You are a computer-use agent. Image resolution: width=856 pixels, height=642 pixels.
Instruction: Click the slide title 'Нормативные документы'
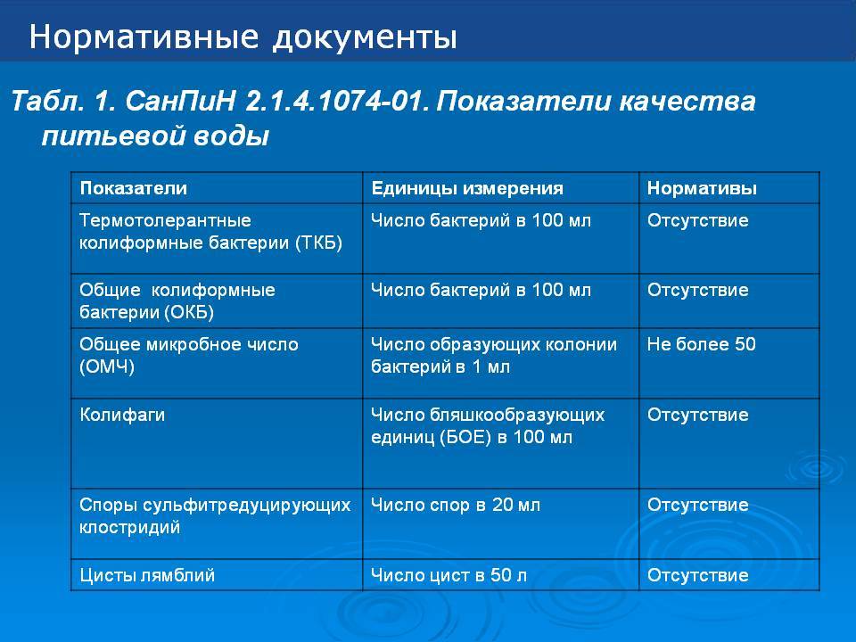(x=243, y=37)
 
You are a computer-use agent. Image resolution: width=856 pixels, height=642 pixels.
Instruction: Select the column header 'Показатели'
(x=133, y=188)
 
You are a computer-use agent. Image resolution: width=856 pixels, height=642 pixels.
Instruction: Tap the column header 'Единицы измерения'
(x=466, y=188)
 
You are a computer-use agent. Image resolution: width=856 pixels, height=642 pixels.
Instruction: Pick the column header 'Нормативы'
(x=702, y=188)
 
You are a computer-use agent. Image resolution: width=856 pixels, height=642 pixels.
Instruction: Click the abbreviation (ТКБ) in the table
(x=318, y=243)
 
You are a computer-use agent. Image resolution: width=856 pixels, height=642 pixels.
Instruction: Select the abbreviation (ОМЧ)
(x=107, y=366)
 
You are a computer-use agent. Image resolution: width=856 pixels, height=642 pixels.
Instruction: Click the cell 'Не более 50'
(x=702, y=344)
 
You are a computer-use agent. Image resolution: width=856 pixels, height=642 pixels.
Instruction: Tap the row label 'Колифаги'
(x=122, y=415)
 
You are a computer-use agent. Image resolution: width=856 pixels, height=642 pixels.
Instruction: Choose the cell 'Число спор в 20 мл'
(x=456, y=505)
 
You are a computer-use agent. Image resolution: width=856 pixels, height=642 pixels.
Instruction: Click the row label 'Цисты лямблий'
(x=147, y=575)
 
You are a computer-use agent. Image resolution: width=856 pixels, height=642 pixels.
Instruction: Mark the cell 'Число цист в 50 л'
(x=449, y=575)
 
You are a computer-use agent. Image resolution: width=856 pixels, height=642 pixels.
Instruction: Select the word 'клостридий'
(x=129, y=527)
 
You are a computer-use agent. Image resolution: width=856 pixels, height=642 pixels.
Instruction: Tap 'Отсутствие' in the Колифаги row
(x=697, y=415)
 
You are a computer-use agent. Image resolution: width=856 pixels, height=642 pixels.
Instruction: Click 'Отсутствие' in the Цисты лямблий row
(x=697, y=575)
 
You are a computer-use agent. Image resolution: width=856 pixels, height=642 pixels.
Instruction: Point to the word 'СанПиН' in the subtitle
(x=180, y=102)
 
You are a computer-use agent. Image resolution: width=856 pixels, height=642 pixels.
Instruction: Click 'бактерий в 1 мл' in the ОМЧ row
(x=440, y=366)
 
